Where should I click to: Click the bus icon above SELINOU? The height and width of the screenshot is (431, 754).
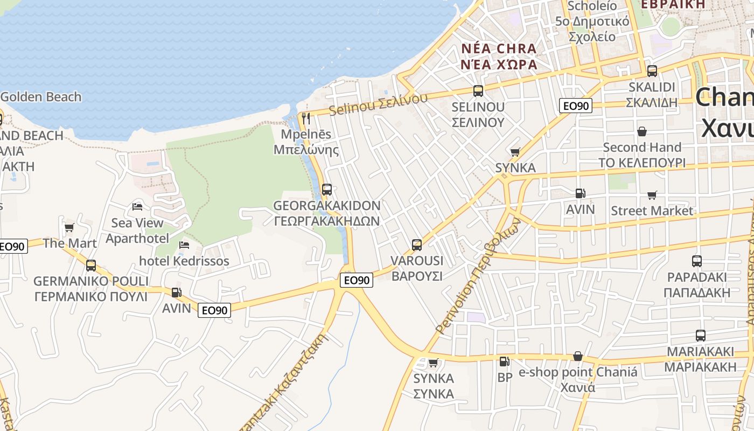click(x=478, y=91)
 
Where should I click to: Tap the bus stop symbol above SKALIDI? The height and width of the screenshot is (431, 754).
click(x=652, y=71)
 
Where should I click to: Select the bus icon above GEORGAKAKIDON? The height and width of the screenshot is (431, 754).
click(x=327, y=189)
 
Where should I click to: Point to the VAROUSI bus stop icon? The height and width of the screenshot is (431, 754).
click(x=417, y=245)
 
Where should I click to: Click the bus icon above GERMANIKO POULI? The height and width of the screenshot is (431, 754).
click(x=91, y=265)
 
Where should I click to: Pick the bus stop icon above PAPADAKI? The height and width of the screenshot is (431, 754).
click(x=697, y=261)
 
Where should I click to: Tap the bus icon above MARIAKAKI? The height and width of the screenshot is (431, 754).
click(x=701, y=335)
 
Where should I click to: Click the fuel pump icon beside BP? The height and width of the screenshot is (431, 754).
click(x=504, y=362)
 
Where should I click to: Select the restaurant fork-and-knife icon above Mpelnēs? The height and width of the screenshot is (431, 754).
click(x=306, y=118)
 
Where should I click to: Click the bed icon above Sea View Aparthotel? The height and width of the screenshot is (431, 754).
click(x=137, y=206)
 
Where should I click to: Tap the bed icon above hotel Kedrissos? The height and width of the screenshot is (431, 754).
click(x=184, y=245)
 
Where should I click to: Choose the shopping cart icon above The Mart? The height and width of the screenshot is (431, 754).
click(x=69, y=227)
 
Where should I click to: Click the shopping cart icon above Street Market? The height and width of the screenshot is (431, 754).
click(x=652, y=195)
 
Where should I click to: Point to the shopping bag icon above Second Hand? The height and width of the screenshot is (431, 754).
click(x=642, y=131)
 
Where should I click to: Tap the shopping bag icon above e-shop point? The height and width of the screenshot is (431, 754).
click(x=578, y=356)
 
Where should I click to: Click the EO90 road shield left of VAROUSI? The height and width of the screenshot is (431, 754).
click(x=357, y=280)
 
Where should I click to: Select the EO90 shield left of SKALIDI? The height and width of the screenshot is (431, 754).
click(x=576, y=106)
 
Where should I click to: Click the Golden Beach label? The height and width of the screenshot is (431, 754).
click(x=41, y=97)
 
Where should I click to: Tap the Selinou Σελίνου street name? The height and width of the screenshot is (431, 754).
click(x=378, y=103)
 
